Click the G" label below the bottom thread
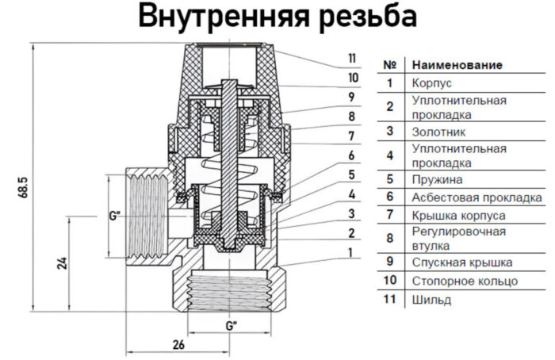(x=230, y=326)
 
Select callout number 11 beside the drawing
(x=351, y=58)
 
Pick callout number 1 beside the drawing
(x=351, y=252)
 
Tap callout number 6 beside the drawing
(x=351, y=155)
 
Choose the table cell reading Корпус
(x=432, y=82)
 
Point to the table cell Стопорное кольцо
(x=465, y=281)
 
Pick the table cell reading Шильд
(x=431, y=300)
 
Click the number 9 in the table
(x=389, y=262)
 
